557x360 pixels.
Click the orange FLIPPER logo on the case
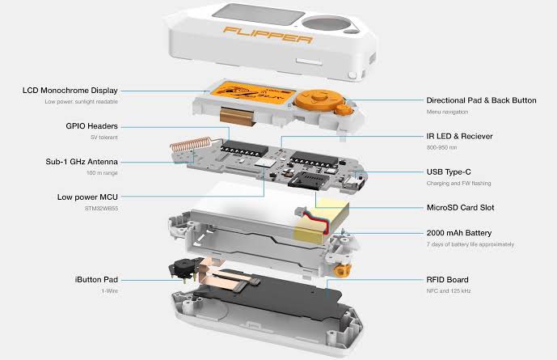(x=268, y=35)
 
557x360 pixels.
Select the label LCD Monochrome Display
(x=70, y=91)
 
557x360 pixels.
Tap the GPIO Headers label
(x=91, y=126)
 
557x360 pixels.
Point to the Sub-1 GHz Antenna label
(x=82, y=162)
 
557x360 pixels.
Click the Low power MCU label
(x=87, y=197)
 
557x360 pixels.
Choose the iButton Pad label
(x=96, y=280)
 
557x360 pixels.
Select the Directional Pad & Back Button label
(x=481, y=100)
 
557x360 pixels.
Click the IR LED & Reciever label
(x=459, y=136)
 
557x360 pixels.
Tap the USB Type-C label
(x=449, y=172)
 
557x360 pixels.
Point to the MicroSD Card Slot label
(x=460, y=208)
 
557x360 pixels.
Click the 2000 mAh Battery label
(x=459, y=233)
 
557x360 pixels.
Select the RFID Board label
(x=447, y=280)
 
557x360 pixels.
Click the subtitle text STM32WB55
(x=101, y=208)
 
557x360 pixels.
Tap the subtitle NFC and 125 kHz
(x=449, y=290)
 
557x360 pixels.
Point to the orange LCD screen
(x=252, y=92)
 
